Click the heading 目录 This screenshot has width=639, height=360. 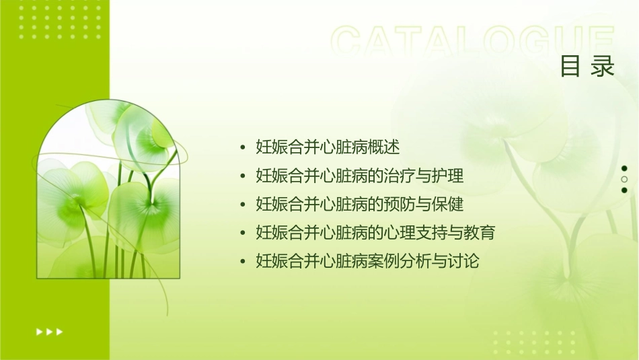click(x=588, y=67)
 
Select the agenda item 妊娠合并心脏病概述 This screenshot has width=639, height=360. click(x=328, y=147)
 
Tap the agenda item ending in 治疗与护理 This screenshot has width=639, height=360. click(x=360, y=176)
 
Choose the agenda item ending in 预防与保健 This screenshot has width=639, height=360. click(x=360, y=205)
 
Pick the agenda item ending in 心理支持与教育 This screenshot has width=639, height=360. click(x=375, y=233)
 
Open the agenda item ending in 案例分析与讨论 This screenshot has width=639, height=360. click(x=367, y=261)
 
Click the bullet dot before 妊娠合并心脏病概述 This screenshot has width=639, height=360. click(x=243, y=147)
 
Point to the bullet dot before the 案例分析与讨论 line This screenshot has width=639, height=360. click(x=243, y=262)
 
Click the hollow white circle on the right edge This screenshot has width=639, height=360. click(x=624, y=180)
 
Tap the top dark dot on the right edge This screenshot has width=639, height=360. click(x=624, y=169)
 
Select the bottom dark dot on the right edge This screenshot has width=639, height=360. click(x=624, y=190)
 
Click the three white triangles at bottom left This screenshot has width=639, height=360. click(x=49, y=331)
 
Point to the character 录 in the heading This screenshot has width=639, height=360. click(x=603, y=67)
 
